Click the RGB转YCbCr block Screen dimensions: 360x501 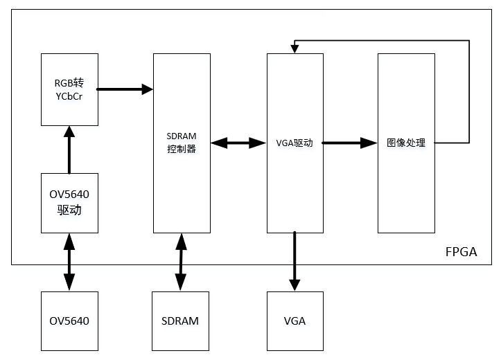(x=69, y=89)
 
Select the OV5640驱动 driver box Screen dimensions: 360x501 (x=69, y=203)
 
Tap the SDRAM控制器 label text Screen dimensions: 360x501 (x=182, y=143)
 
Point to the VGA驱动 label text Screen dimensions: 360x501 (x=295, y=143)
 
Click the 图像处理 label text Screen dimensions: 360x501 (x=405, y=143)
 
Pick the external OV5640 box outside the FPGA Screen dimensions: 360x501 (x=69, y=321)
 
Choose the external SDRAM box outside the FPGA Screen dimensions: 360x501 (x=180, y=321)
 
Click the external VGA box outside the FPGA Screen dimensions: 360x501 (x=295, y=321)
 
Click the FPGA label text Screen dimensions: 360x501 (x=461, y=251)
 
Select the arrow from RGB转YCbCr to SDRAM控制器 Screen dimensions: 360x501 (x=125, y=89)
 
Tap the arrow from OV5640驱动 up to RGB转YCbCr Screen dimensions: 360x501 (x=69, y=149)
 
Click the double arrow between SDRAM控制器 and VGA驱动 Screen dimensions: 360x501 (x=238, y=143)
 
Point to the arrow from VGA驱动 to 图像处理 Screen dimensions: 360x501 (x=350, y=143)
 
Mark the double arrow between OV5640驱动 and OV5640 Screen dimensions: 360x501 (x=69, y=262)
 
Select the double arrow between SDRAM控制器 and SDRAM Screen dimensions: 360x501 (x=181, y=262)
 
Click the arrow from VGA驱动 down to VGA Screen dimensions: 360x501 (x=295, y=260)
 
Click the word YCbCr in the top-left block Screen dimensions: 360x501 (x=69, y=96)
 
